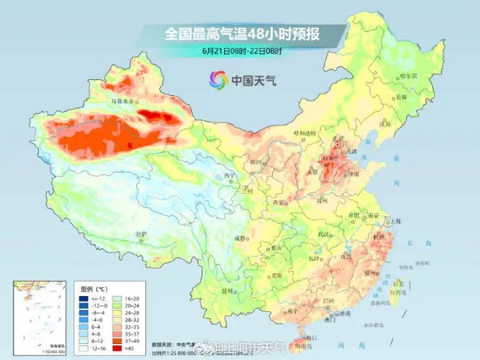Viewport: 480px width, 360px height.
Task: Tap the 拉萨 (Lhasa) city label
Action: [140, 235]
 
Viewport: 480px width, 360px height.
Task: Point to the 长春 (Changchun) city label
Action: [401, 97]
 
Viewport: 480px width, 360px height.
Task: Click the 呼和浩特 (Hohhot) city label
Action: [305, 132]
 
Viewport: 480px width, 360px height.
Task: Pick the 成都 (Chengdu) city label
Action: [239, 238]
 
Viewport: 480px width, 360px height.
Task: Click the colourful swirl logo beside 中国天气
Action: [218, 81]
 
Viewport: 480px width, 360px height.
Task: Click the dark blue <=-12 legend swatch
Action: [84, 299]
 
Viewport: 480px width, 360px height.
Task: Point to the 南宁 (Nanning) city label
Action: [292, 311]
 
